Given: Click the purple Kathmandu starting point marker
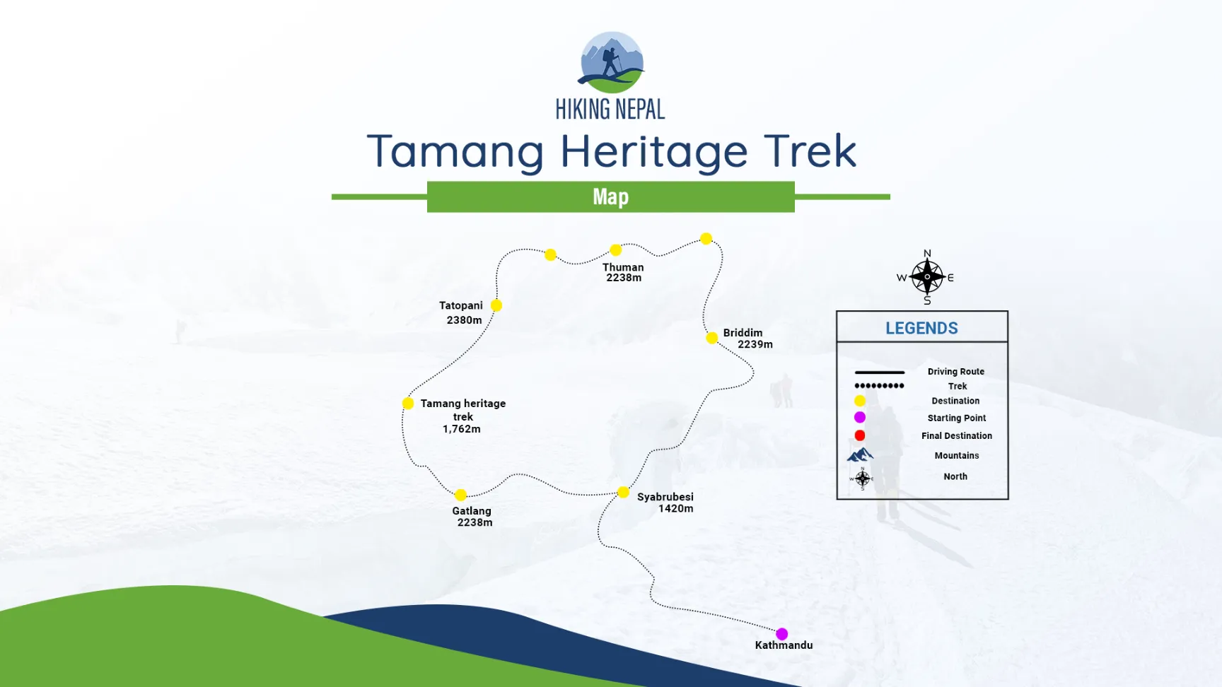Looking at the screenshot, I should [x=781, y=634].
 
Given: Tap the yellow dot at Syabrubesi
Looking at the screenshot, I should [x=623, y=492].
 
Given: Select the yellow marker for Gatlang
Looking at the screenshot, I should [x=460, y=495].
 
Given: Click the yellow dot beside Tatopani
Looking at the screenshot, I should [x=496, y=305].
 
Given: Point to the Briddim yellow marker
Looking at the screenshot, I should [x=712, y=338].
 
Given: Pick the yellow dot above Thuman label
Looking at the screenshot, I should [x=616, y=250].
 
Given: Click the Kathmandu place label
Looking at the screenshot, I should [x=784, y=645].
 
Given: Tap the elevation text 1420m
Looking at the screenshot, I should [x=675, y=509].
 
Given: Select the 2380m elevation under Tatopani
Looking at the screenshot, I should [x=464, y=320].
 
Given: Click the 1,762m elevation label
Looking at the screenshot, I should [x=461, y=429].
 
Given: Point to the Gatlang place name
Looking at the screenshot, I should [x=472, y=511].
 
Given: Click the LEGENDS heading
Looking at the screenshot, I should [x=921, y=328].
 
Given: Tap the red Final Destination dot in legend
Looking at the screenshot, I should [x=860, y=435].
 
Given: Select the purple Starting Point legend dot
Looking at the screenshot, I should [x=860, y=417].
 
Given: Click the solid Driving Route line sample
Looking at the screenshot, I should [x=879, y=372].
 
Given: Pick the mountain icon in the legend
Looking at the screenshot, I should [x=860, y=454].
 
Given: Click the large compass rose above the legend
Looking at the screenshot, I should [x=927, y=277].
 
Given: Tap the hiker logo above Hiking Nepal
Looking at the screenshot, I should [x=612, y=62].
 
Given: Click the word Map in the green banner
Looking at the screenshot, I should [x=611, y=196].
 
